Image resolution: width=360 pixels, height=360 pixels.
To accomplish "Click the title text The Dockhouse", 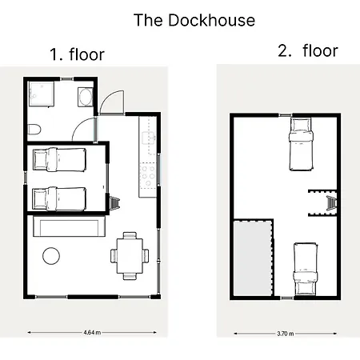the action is [x=194, y=20].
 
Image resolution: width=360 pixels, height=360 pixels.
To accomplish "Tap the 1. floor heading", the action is [x=77, y=54].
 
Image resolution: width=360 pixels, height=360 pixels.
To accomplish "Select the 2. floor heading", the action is [x=308, y=50].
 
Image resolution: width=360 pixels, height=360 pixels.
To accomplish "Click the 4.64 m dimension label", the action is [x=92, y=333].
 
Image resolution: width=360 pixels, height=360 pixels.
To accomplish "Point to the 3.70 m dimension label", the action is [x=285, y=334].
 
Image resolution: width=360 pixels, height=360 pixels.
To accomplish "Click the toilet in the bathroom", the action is [x=34, y=130].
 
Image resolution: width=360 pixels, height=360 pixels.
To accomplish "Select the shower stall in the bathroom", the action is [x=42, y=94].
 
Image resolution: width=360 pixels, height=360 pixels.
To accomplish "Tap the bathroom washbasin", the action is [x=86, y=97].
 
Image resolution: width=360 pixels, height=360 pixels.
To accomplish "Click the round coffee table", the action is [x=51, y=256].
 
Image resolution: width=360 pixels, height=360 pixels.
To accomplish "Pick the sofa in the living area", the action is [x=69, y=226].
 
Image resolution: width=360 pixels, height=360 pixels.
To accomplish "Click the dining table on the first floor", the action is [x=130, y=256].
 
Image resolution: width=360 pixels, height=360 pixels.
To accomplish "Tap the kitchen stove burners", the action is [x=148, y=175].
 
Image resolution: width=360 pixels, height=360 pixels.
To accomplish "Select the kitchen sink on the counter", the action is [x=149, y=138].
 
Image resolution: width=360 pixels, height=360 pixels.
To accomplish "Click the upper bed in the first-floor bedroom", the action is [x=59, y=160].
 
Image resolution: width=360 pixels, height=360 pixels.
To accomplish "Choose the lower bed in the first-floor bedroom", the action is [x=59, y=198].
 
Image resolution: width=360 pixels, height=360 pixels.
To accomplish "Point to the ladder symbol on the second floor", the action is [x=331, y=203].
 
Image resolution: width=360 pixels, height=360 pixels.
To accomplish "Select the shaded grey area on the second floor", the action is [x=253, y=258].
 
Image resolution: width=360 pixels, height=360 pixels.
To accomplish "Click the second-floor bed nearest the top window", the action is [x=301, y=144].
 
